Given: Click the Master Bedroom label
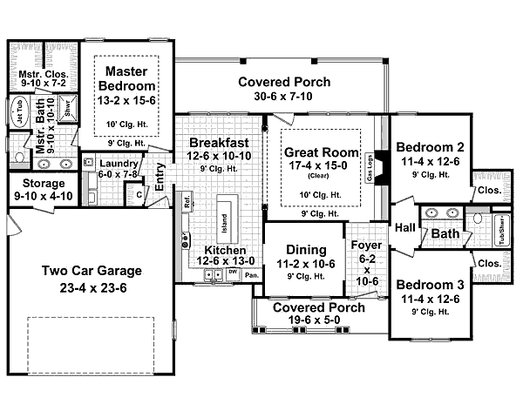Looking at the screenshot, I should click(x=130, y=77).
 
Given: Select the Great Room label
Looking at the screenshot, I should click(x=316, y=152).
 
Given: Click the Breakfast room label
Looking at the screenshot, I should click(x=219, y=142).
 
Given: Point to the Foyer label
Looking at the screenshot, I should click(x=366, y=245).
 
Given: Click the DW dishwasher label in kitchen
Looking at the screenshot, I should click(x=232, y=273).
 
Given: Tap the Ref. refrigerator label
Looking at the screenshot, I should click(x=187, y=205).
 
